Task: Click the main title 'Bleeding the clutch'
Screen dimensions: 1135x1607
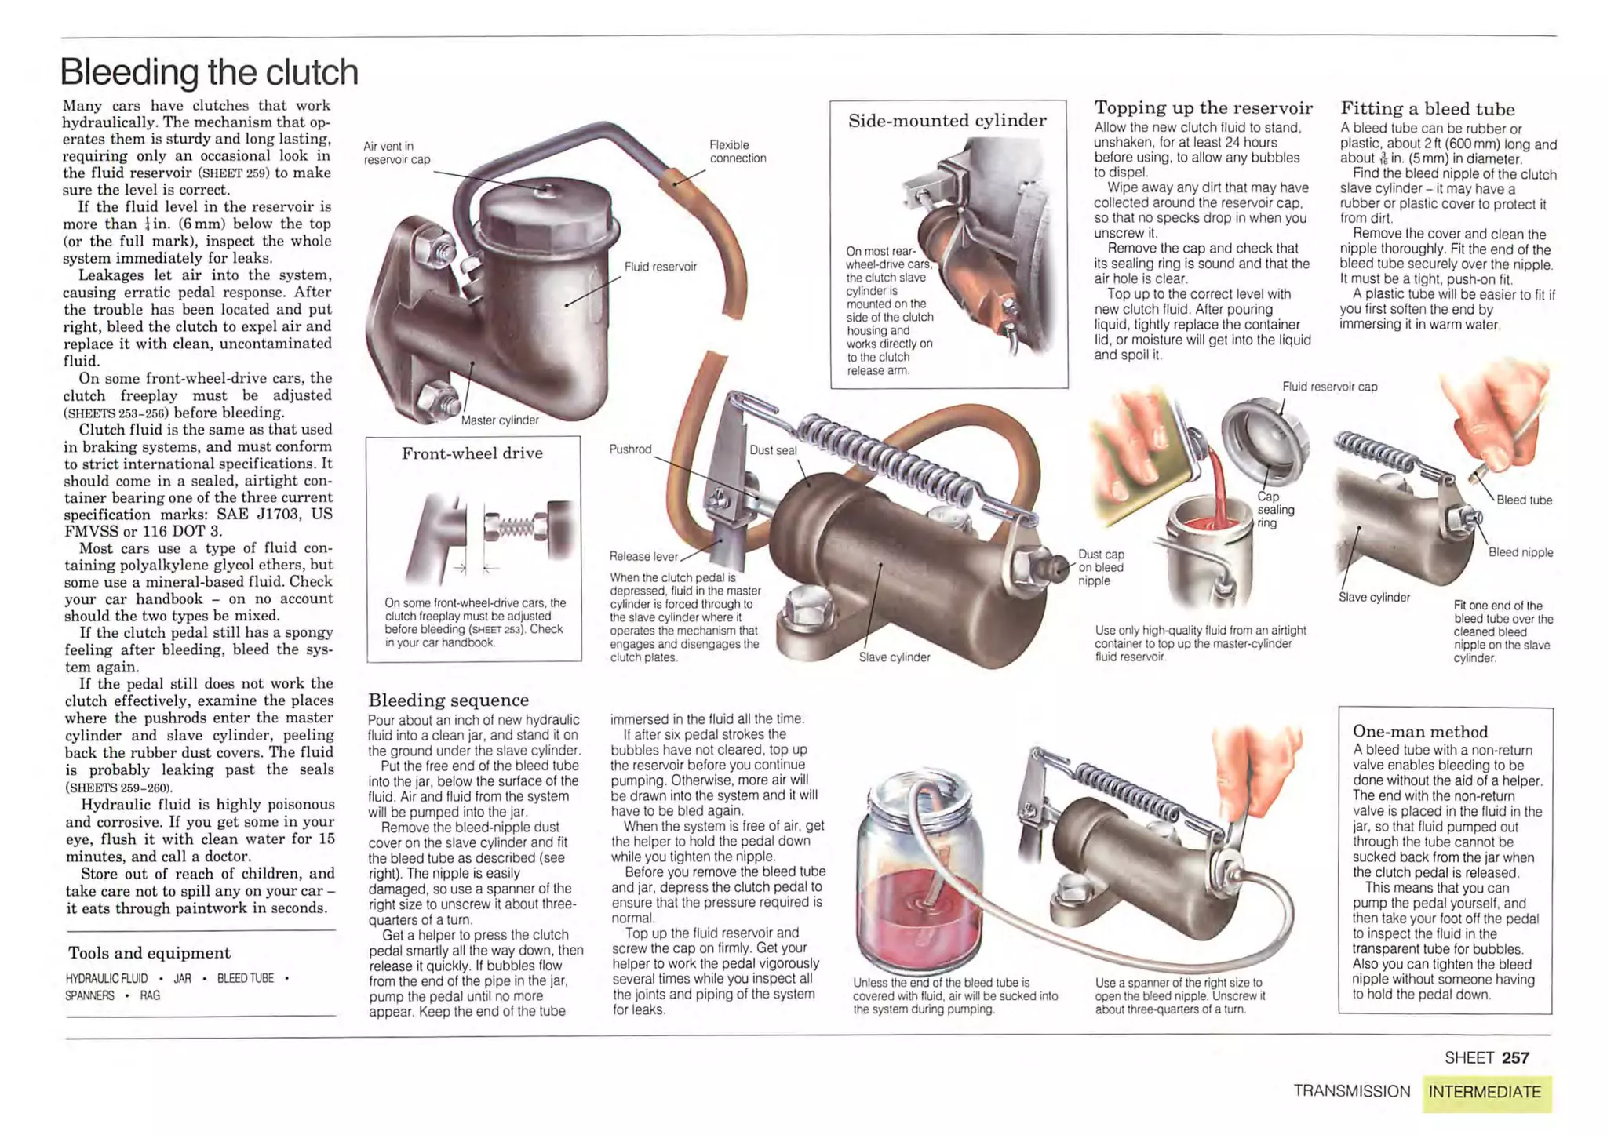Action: (209, 72)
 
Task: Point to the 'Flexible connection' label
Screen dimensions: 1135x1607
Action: (737, 151)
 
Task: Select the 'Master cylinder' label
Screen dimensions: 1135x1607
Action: (500, 420)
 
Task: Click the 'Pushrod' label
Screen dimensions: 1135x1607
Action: (630, 449)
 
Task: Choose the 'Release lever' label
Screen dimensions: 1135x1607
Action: (643, 557)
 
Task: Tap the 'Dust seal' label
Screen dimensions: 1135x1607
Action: (773, 450)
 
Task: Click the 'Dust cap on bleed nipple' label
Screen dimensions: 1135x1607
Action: (1100, 568)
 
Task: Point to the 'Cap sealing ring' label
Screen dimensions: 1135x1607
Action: (1275, 510)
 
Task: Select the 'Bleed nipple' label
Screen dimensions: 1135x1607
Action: (1520, 552)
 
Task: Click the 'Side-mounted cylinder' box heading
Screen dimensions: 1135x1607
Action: (947, 121)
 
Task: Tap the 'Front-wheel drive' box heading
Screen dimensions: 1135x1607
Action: (472, 453)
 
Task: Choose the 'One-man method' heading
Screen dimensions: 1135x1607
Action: (1419, 732)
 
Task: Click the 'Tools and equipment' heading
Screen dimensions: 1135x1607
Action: (149, 953)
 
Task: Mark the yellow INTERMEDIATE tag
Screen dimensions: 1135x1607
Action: (1485, 1092)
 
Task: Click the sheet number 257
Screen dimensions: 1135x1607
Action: (1515, 1058)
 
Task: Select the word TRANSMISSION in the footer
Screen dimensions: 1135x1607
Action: (1351, 1092)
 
